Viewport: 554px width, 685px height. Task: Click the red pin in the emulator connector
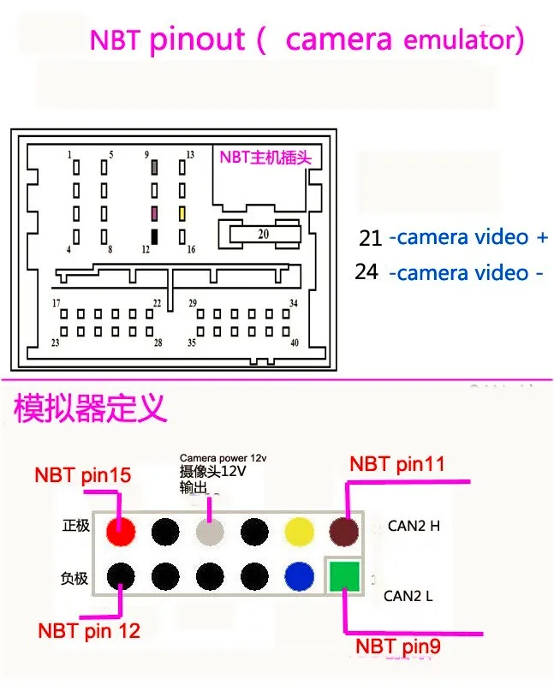(x=122, y=532)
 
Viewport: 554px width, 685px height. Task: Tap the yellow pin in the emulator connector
(x=300, y=532)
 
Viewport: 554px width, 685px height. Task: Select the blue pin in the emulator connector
(x=300, y=575)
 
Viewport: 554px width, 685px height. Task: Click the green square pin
(x=343, y=575)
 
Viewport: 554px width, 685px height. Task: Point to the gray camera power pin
(x=211, y=532)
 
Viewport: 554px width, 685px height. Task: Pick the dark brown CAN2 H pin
(x=344, y=532)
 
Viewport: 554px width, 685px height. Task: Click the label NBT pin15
(x=83, y=474)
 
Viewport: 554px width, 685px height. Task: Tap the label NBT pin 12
(x=89, y=631)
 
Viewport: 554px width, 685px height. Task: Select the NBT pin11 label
(x=396, y=464)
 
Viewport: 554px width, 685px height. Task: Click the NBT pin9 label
(x=398, y=646)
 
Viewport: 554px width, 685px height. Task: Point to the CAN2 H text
(x=414, y=526)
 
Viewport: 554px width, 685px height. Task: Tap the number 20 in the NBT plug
(x=263, y=234)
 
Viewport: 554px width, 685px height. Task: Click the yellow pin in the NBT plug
(x=182, y=211)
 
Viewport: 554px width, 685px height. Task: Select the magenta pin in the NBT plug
(x=155, y=211)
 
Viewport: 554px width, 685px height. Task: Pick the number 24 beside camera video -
(x=366, y=271)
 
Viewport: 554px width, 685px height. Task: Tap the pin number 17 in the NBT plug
(x=57, y=303)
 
